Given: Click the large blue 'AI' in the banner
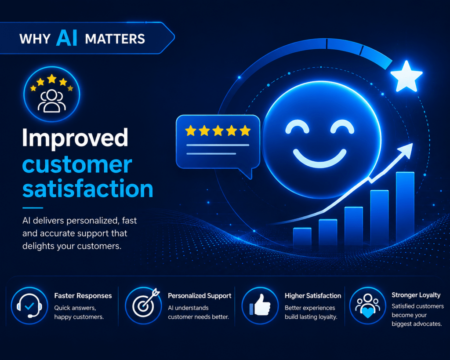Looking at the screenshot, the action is pyautogui.click(x=67, y=38).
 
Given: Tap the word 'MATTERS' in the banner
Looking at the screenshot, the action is pyautogui.click(x=115, y=39).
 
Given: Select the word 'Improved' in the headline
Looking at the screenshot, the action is pyautogui.click(x=75, y=138).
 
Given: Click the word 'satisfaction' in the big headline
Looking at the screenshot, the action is pyautogui.click(x=88, y=188).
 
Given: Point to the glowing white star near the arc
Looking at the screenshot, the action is pyautogui.click(x=406, y=76).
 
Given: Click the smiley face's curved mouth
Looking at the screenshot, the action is pyautogui.click(x=319, y=159).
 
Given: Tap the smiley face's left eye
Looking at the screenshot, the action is pyautogui.click(x=297, y=127).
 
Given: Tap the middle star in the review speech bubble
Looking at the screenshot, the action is pyautogui.click(x=218, y=131).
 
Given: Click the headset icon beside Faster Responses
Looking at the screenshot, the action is pyautogui.click(x=29, y=306).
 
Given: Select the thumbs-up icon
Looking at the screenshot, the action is pyautogui.click(x=260, y=305).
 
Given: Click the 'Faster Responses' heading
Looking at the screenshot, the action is pyautogui.click(x=83, y=296).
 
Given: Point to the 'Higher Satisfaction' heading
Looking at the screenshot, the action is pyautogui.click(x=313, y=296).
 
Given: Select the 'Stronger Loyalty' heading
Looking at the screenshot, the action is pyautogui.click(x=416, y=295).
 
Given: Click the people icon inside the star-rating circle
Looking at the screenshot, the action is pyautogui.click(x=52, y=101).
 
